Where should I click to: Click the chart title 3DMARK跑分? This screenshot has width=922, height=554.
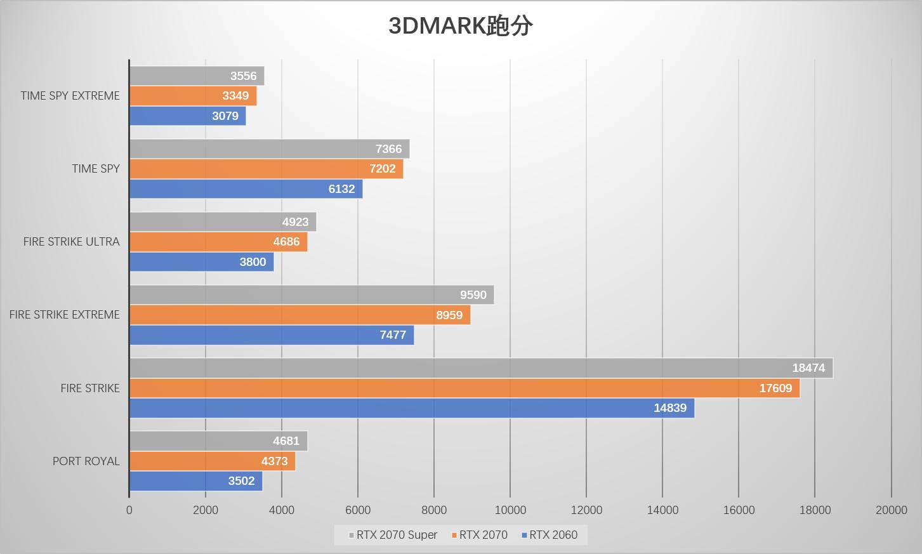tap(460, 26)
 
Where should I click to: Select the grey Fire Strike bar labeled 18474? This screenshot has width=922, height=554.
tap(481, 368)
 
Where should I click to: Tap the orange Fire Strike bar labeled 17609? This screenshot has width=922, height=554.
tap(464, 388)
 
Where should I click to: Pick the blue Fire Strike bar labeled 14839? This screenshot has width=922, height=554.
tap(412, 408)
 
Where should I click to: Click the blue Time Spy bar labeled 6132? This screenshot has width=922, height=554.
tap(246, 189)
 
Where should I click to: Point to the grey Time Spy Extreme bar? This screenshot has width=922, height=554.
tap(197, 76)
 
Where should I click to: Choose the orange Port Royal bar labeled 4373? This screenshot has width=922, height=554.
tap(213, 461)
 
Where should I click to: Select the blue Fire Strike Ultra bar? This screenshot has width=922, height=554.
tap(201, 262)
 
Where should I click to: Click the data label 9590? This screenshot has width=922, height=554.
tap(473, 295)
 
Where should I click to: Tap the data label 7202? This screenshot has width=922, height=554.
tap(383, 169)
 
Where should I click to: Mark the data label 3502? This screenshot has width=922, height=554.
tap(241, 481)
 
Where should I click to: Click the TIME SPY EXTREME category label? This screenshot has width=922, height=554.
tap(70, 96)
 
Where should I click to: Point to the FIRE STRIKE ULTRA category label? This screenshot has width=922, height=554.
tap(71, 242)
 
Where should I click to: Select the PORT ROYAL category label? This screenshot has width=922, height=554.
tap(86, 461)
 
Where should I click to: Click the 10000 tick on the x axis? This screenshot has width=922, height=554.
tap(510, 510)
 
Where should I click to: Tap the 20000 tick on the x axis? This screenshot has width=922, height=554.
tap(891, 510)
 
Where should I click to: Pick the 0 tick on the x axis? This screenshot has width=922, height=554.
tap(129, 510)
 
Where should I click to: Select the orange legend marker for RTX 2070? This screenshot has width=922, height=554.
tap(454, 536)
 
